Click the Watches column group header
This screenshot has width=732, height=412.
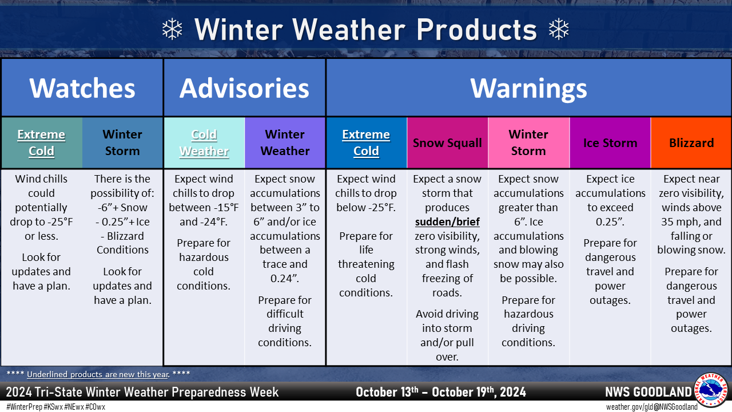tap(82, 88)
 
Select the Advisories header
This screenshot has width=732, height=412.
tap(244, 88)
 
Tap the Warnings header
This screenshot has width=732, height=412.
tap(528, 88)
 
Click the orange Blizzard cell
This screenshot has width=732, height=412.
tap(691, 143)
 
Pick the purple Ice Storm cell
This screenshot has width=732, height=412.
tap(610, 143)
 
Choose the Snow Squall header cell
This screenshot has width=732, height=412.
tap(447, 143)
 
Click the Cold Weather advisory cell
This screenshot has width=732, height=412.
tap(204, 143)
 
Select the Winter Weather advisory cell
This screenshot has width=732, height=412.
tap(285, 143)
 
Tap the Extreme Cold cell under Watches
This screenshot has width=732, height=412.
tap(42, 143)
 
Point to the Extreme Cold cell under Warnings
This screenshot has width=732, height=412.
tap(367, 143)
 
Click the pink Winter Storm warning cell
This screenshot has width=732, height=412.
tap(528, 143)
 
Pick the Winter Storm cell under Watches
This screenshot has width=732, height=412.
tap(122, 143)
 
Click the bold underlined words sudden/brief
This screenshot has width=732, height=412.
tap(447, 222)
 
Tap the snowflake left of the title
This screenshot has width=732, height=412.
tap(172, 29)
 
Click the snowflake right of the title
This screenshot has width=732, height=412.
tap(559, 29)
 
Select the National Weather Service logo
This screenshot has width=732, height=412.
tap(710, 390)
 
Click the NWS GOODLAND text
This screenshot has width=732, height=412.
tap(649, 392)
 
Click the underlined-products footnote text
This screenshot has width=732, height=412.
tap(98, 374)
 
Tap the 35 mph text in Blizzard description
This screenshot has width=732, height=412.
tap(679, 222)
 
